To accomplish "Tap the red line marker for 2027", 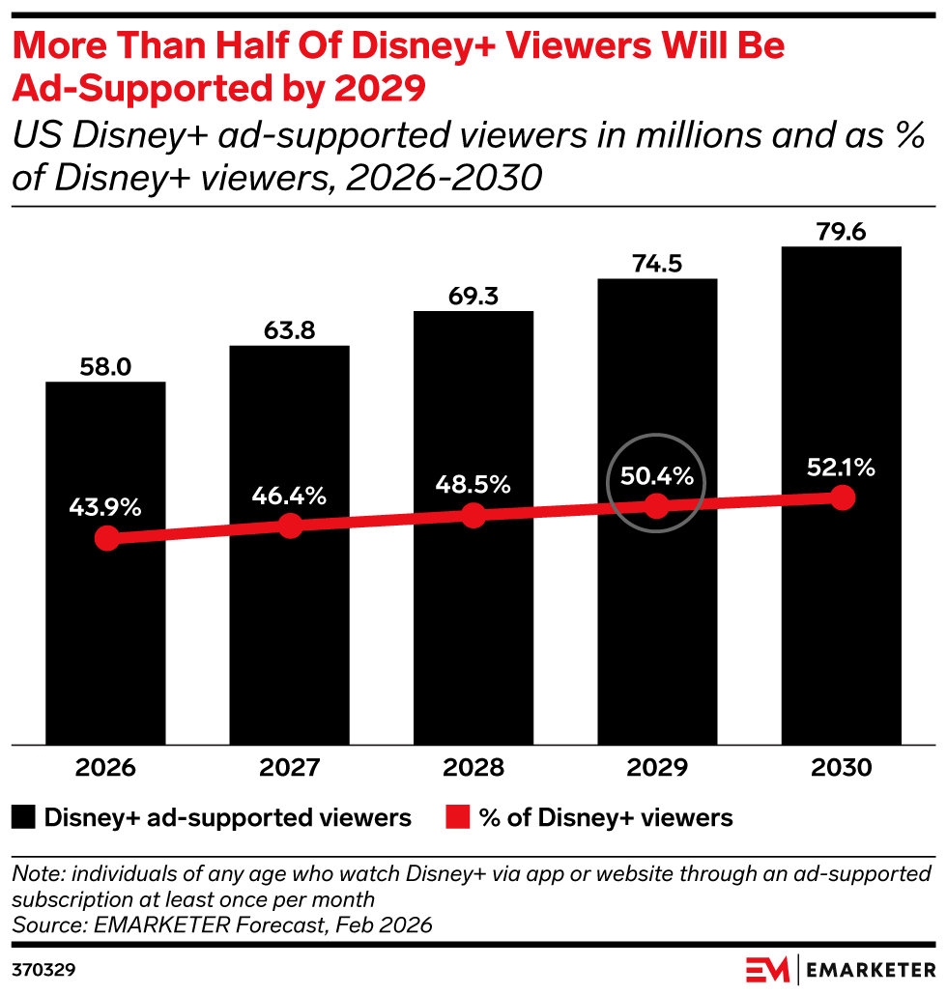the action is coord(290,526).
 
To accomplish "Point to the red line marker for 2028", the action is coord(473,515).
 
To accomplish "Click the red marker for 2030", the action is coord(843,497).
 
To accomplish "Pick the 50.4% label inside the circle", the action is coord(656,476).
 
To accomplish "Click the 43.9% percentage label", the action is coord(105,507).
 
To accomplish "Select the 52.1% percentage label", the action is coord(841,468).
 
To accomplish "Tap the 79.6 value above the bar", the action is coord(841,232).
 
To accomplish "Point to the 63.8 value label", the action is coord(290,330).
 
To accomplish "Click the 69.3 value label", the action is coord(473,297).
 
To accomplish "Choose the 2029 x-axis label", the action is coord(657,768).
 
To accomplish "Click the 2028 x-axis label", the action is coord(473,768).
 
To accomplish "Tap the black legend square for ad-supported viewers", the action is coord(23,817).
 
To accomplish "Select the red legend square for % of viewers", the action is coord(458,817).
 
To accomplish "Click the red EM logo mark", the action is coord(767,970).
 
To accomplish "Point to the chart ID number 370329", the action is coord(43,970).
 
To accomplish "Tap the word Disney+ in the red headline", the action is coord(423,47).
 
